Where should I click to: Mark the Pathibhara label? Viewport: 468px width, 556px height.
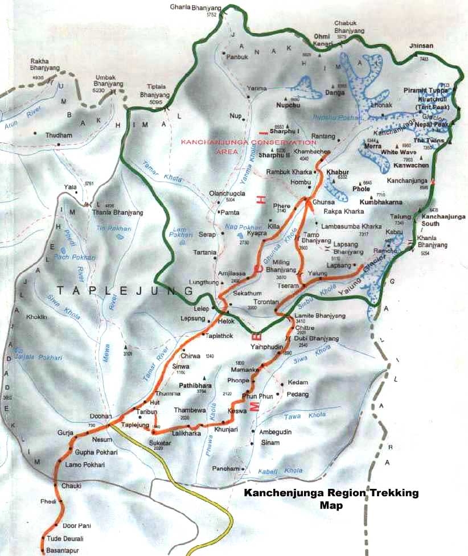tap(195, 385)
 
